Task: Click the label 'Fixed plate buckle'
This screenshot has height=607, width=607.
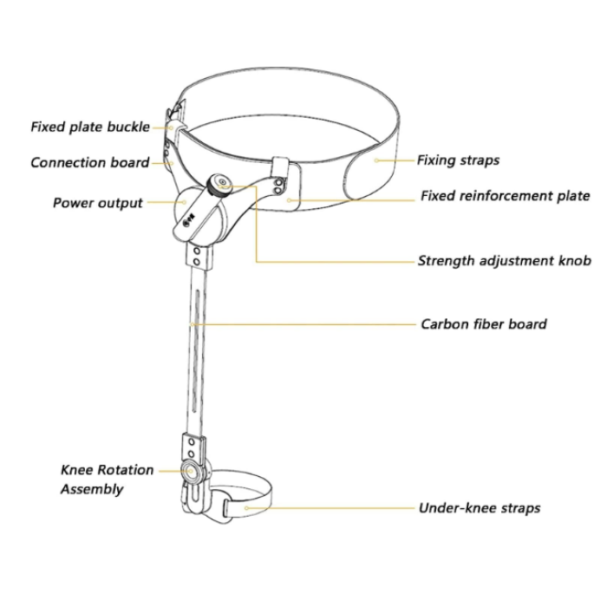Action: click(90, 127)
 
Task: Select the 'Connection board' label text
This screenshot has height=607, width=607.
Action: click(90, 163)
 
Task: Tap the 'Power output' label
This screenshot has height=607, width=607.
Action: click(98, 203)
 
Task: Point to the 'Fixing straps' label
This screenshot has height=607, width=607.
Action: click(458, 160)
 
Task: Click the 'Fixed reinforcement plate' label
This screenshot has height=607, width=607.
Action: click(506, 196)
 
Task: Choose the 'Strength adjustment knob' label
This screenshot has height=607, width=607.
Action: click(505, 261)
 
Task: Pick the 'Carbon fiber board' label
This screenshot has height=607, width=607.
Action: click(484, 324)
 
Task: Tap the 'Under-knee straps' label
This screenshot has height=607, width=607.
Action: click(480, 508)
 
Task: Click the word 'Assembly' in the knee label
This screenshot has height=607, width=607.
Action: click(92, 489)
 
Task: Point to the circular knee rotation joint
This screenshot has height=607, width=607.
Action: click(191, 471)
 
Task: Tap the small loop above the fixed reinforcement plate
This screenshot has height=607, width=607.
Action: click(281, 166)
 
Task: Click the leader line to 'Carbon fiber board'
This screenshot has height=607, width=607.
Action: click(303, 324)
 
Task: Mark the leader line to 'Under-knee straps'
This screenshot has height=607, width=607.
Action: click(330, 508)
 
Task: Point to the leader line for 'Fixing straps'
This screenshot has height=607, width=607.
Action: click(395, 160)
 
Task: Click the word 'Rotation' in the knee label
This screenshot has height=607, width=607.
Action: click(129, 470)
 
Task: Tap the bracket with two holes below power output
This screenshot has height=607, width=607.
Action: click(199, 257)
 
